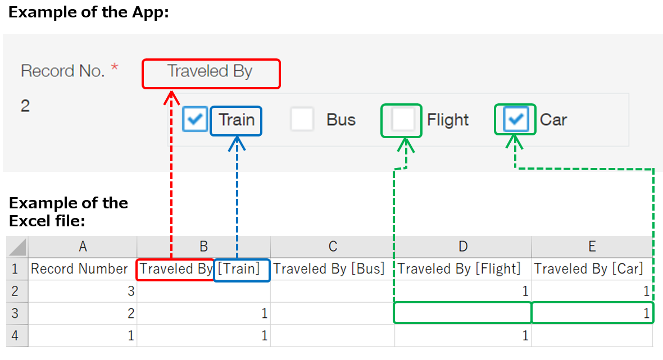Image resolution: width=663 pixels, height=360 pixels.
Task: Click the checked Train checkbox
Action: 196,120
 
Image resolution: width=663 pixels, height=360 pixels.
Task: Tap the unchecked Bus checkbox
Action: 302,120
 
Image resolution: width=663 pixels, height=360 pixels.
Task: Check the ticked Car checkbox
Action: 516,119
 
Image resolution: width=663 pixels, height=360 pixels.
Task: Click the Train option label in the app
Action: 237,120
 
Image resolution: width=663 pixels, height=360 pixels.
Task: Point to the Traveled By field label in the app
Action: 210,72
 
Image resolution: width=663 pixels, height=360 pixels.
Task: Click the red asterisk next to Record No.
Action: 115,69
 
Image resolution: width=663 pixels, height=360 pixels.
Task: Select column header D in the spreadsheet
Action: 463,247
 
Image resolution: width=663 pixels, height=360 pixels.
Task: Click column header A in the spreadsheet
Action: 83,247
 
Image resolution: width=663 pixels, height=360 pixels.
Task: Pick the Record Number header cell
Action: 79,269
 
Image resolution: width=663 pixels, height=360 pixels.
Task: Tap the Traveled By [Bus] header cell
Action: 329,269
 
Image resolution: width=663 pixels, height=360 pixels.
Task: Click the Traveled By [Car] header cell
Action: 589,269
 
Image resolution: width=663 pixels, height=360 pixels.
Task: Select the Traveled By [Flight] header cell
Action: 460,269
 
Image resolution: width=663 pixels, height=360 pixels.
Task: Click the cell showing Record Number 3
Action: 83,291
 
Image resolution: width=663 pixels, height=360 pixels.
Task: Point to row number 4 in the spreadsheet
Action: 16,336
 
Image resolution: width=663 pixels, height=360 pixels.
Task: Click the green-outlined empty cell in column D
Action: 462,313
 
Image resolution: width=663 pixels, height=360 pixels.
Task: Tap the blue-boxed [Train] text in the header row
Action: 239,269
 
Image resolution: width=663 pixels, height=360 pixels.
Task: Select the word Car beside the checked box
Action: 553,120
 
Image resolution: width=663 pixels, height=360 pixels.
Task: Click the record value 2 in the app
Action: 25,106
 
